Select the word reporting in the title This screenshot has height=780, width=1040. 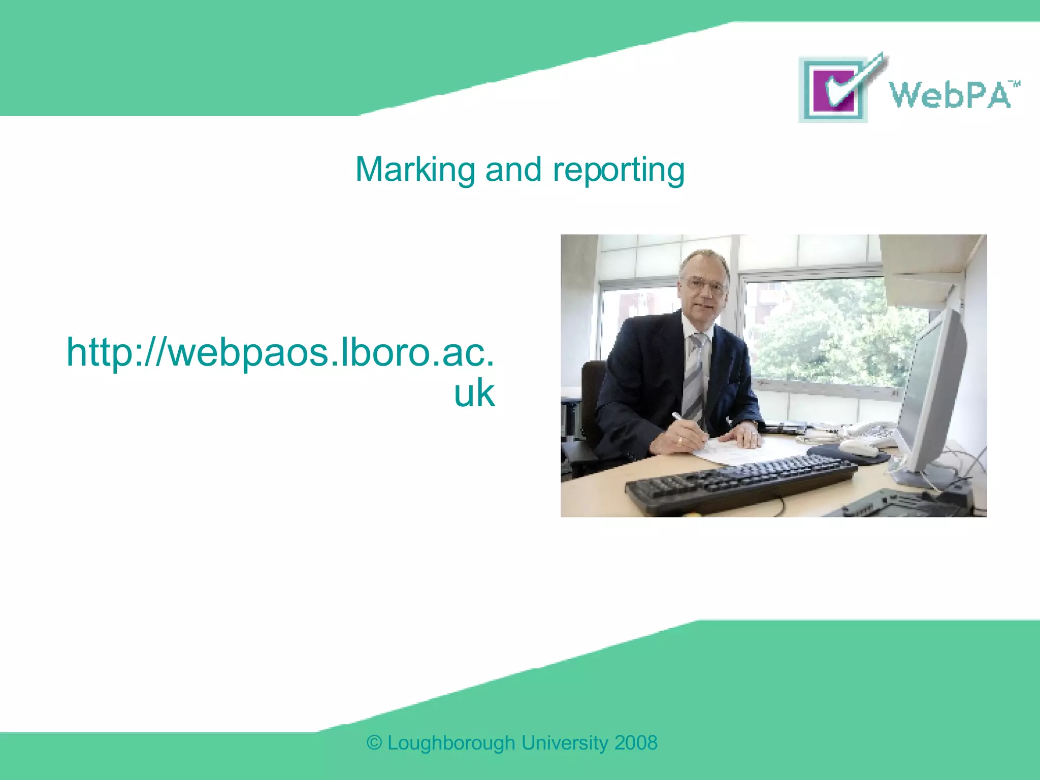(x=619, y=171)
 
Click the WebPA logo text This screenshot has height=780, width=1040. (x=949, y=94)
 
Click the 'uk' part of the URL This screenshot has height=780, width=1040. (x=474, y=394)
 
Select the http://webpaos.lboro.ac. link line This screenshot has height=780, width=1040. (x=280, y=352)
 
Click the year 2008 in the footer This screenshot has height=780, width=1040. (x=636, y=743)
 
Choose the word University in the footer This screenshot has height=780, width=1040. (x=565, y=743)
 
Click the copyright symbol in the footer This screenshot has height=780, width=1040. (x=374, y=743)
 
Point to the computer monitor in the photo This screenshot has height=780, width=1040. (x=932, y=391)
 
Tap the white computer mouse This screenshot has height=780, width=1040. (x=858, y=448)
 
